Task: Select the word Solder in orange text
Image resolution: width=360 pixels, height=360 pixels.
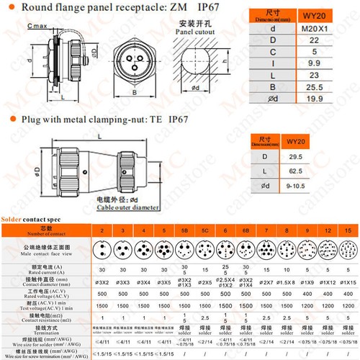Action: click(12, 217)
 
